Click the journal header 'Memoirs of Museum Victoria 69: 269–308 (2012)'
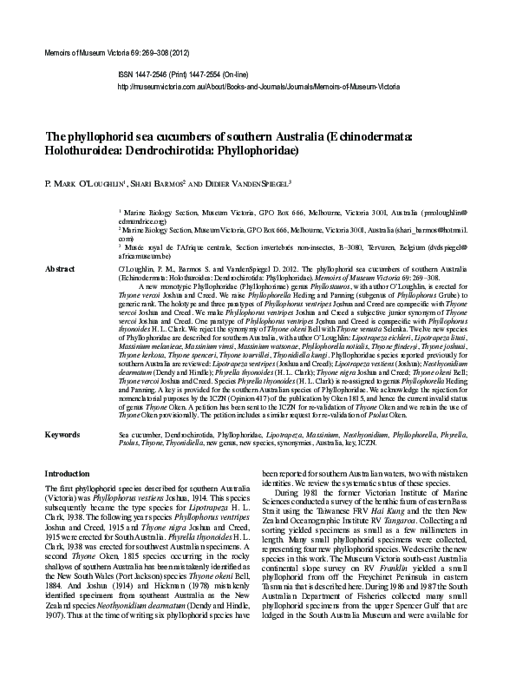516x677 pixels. coord(112,54)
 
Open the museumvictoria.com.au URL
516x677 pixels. coord(258,88)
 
